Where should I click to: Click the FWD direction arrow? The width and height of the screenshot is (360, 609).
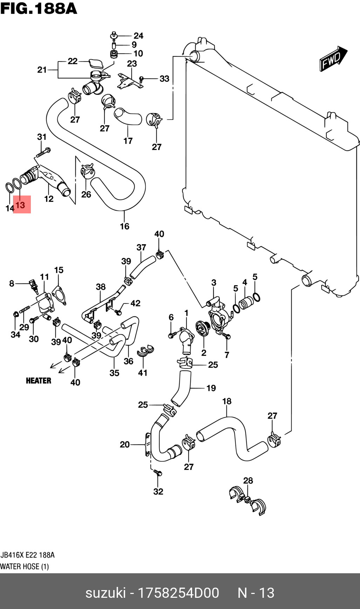click(x=333, y=59)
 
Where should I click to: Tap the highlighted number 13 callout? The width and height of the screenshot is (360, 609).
click(x=21, y=205)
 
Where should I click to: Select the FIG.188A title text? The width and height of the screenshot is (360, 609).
click(x=39, y=8)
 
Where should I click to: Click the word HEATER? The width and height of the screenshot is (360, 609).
click(x=39, y=381)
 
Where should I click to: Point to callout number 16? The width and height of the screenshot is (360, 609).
click(x=124, y=226)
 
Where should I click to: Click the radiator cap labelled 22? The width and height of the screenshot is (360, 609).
click(x=95, y=64)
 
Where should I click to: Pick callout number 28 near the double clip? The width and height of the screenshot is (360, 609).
click(x=248, y=480)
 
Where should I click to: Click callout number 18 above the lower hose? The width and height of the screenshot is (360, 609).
click(x=227, y=401)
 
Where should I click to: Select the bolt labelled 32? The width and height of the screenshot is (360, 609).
click(x=158, y=473)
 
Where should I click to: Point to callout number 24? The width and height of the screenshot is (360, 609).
click(x=138, y=36)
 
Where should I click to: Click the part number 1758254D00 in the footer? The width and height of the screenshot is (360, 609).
click(x=178, y=593)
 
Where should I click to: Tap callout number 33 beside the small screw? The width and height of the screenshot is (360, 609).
click(x=164, y=79)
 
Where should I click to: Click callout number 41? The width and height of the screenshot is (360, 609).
click(x=143, y=373)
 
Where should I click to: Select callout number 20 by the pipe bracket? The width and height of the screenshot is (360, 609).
click(x=125, y=444)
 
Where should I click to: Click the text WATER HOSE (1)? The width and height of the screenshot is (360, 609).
click(x=25, y=567)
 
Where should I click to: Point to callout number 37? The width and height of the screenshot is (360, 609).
click(x=141, y=247)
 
